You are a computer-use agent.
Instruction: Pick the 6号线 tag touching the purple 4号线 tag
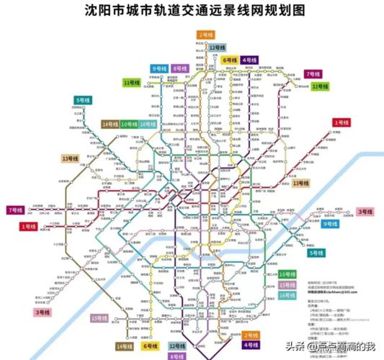point(230,60)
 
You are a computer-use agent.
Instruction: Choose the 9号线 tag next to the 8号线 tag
point(158,68)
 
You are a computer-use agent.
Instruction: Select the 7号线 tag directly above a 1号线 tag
point(14,210)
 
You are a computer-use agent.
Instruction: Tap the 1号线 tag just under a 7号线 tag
point(28,227)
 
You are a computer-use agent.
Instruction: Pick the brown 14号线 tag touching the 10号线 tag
point(110,125)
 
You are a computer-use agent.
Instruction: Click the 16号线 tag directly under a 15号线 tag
point(287,295)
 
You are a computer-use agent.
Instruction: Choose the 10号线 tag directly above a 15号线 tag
point(287,274)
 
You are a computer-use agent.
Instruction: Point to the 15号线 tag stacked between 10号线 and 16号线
point(287,284)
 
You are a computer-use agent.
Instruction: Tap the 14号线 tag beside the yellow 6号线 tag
point(124,346)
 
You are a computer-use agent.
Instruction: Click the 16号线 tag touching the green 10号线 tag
point(148,125)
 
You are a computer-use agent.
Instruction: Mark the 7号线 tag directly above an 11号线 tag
point(312,73)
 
